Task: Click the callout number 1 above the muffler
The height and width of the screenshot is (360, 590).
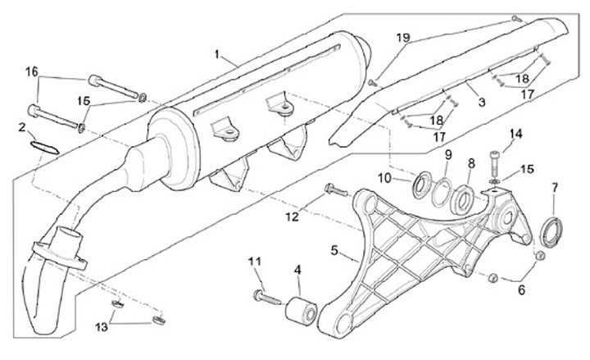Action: pos(217,54)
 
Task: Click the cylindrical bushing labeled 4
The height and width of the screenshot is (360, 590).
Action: pos(299,313)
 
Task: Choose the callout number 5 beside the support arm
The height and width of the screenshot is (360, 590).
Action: pos(334,248)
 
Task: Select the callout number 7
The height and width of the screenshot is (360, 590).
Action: pos(554,189)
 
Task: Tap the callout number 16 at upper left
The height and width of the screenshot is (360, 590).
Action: pos(31,72)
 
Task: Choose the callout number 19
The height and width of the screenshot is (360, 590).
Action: pos(402,39)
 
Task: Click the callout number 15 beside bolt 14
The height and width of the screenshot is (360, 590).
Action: pos(527,169)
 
